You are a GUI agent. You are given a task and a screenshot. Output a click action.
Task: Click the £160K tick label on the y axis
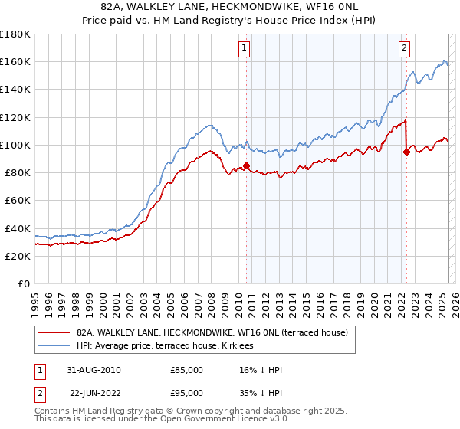click(x=15, y=61)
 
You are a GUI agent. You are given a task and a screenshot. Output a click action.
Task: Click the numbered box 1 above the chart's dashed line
click(x=245, y=48)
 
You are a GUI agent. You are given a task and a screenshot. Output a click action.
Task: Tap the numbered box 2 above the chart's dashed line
click(x=404, y=48)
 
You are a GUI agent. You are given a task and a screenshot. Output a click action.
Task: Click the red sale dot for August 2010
click(x=247, y=165)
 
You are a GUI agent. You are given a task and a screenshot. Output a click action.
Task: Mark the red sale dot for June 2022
click(x=406, y=152)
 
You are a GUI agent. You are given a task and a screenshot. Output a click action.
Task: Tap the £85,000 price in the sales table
click(x=187, y=370)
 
